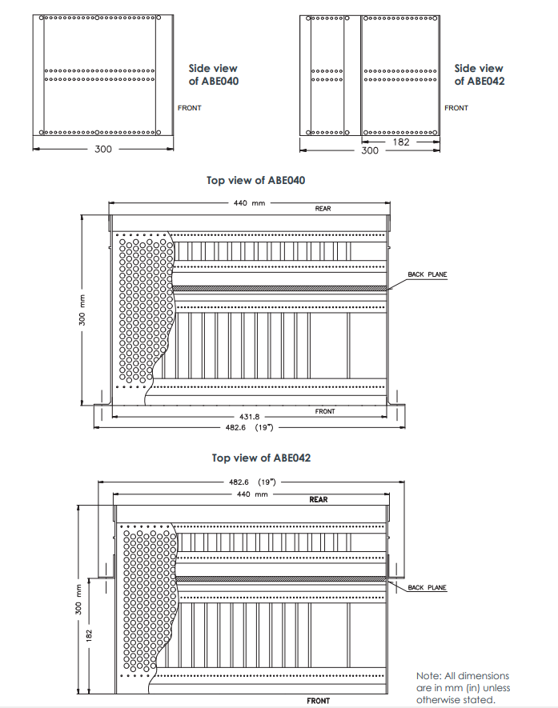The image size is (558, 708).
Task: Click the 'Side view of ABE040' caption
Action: tap(213, 75)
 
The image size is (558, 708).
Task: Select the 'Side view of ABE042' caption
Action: tap(479, 75)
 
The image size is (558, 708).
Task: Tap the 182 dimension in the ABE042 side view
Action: tap(401, 142)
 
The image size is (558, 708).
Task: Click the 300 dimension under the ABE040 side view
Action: tap(103, 149)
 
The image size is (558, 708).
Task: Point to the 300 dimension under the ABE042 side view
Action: tap(370, 150)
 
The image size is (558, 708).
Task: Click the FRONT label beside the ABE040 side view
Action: tap(189, 108)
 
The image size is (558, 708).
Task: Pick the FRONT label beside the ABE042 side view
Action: tap(456, 108)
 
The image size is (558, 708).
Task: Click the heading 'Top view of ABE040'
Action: tap(255, 180)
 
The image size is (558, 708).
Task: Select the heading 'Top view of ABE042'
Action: tap(261, 458)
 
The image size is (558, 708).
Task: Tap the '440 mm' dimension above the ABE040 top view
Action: tap(250, 203)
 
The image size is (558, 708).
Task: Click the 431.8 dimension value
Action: tap(250, 417)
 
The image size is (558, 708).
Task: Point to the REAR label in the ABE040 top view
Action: tap(323, 209)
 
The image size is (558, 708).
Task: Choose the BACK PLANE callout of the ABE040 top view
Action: tap(428, 274)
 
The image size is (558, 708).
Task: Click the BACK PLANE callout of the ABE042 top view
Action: tap(428, 587)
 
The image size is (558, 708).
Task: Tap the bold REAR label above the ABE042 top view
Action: tap(319, 499)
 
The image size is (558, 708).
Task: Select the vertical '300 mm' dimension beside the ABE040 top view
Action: tap(82, 310)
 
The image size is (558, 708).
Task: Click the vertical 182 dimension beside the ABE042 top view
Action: tap(90, 635)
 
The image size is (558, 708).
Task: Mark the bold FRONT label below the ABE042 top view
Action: tap(319, 701)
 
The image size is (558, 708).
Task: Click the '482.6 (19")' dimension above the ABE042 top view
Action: tap(252, 482)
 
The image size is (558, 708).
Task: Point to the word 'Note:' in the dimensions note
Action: tap(429, 676)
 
